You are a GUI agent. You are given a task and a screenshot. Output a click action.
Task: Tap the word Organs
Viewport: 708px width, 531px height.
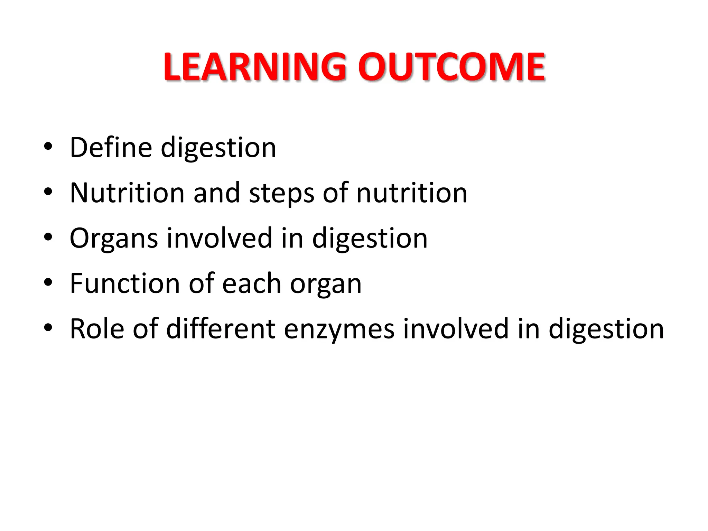tap(114, 239)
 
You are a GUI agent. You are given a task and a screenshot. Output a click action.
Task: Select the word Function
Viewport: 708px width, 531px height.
tap(125, 283)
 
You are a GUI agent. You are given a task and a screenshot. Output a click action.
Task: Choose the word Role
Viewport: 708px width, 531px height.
tap(97, 329)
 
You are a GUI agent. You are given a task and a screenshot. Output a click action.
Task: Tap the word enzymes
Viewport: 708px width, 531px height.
tap(339, 329)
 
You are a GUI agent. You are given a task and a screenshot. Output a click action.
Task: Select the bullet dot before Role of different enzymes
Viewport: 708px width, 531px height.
tap(48, 327)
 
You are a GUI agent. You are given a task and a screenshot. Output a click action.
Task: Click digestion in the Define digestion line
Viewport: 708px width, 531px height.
tap(218, 148)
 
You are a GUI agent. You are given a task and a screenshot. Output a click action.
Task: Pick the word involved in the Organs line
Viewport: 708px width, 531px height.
tap(219, 238)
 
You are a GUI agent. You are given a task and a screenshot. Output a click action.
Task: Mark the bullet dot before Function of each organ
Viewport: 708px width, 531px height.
tap(48, 282)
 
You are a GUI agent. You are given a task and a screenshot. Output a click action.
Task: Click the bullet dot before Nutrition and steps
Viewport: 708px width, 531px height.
tap(48, 192)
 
